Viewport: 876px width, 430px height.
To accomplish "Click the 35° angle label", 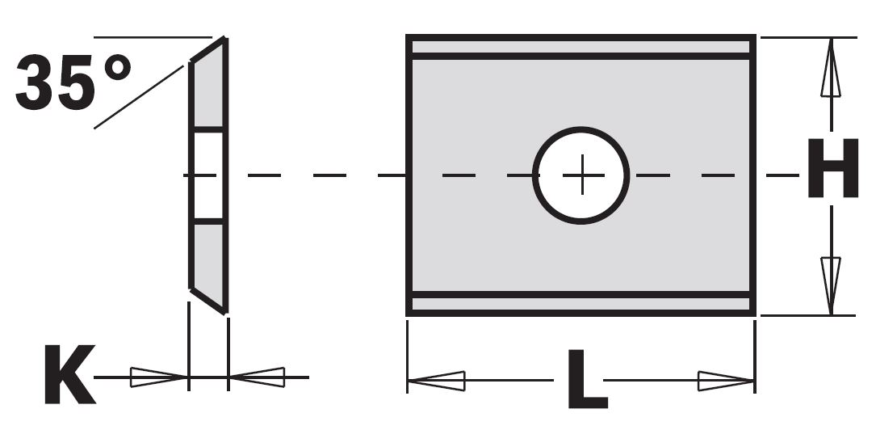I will (x=73, y=83).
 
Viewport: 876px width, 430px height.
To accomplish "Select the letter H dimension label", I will (x=832, y=169).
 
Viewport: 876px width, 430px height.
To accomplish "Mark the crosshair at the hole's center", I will (x=581, y=175).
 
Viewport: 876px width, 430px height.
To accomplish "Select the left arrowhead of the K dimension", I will (x=158, y=377).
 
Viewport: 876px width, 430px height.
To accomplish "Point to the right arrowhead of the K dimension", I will (x=258, y=377).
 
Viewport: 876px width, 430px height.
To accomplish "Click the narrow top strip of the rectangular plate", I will (x=581, y=47).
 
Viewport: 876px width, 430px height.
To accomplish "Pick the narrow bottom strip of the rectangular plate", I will (x=581, y=304).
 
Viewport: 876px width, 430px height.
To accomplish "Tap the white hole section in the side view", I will (x=207, y=175).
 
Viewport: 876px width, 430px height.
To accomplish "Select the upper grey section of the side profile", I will (x=207, y=93).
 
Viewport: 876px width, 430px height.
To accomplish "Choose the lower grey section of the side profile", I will (x=207, y=255).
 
